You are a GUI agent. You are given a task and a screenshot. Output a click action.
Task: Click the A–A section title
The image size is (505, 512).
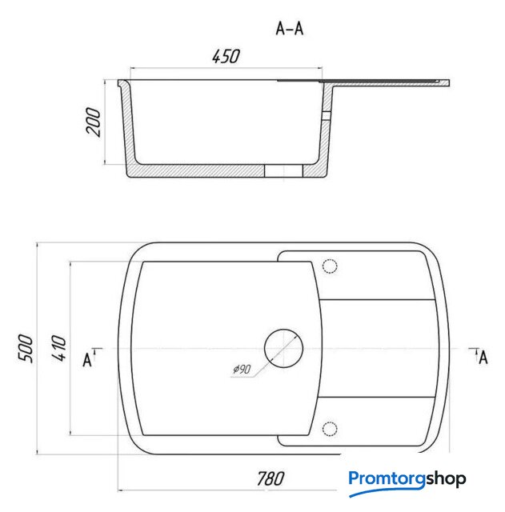290,29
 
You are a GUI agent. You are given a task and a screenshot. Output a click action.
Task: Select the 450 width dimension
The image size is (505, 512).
226,56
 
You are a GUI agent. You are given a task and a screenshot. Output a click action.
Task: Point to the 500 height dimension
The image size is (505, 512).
26,348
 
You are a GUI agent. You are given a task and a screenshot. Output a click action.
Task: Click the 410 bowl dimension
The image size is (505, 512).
58,347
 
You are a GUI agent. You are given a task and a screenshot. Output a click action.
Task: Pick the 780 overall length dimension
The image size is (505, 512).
271,478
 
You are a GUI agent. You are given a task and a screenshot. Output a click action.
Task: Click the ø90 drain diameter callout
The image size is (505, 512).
242,370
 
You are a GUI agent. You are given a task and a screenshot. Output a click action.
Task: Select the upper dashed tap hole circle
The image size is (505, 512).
330,266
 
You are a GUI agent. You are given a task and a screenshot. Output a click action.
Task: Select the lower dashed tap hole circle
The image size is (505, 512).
330,429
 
